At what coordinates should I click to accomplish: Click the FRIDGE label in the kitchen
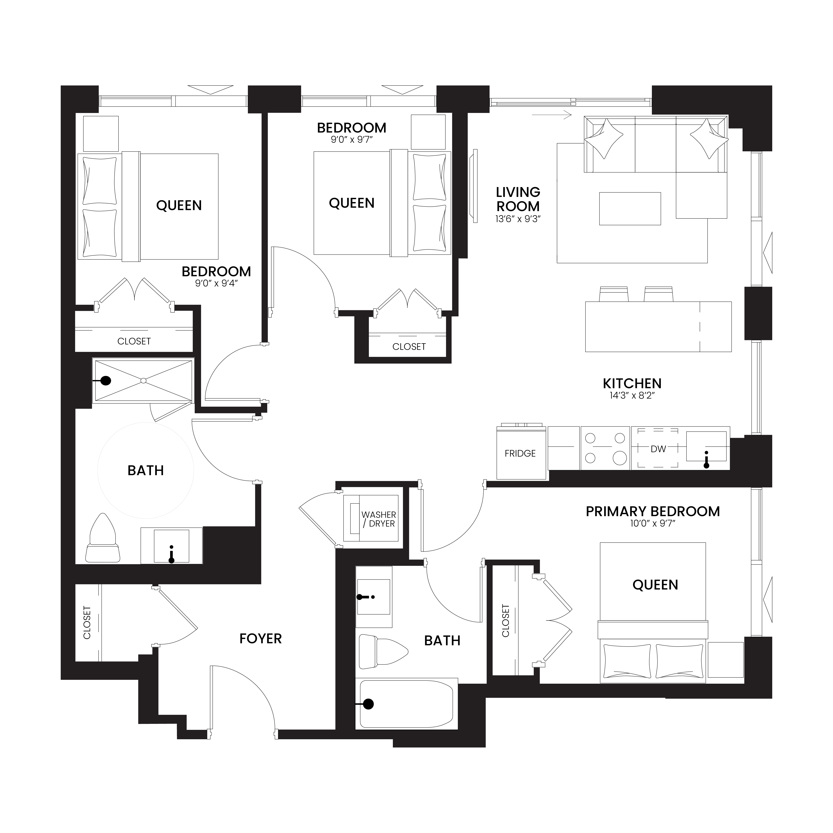point(520,453)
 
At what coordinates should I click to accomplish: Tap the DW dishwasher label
point(658,449)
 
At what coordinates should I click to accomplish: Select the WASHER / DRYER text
point(379,519)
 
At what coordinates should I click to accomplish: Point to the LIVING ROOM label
point(518,199)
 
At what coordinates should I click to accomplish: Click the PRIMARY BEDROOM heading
point(653,511)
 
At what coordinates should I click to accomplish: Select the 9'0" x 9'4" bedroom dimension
point(216,284)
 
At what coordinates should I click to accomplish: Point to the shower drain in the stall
point(144,380)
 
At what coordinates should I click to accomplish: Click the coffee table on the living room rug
point(630,209)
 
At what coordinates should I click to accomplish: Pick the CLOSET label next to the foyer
point(87,623)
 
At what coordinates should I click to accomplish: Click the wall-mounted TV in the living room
point(475,186)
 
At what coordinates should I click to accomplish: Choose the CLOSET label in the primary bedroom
point(506,621)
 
